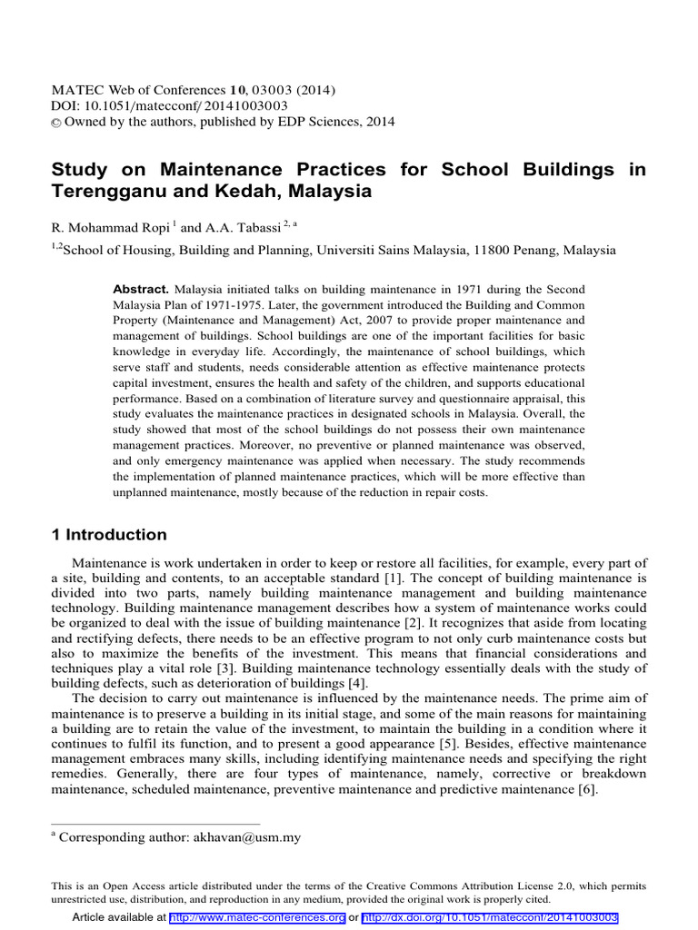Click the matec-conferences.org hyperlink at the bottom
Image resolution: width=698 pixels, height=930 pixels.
pos(256,918)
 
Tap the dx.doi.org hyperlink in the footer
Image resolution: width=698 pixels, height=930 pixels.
pos(491,918)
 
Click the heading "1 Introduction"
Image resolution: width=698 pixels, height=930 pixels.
pos(109,534)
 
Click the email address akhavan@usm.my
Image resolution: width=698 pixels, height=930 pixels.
pos(246,837)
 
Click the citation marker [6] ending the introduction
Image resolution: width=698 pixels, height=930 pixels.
pos(586,790)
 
